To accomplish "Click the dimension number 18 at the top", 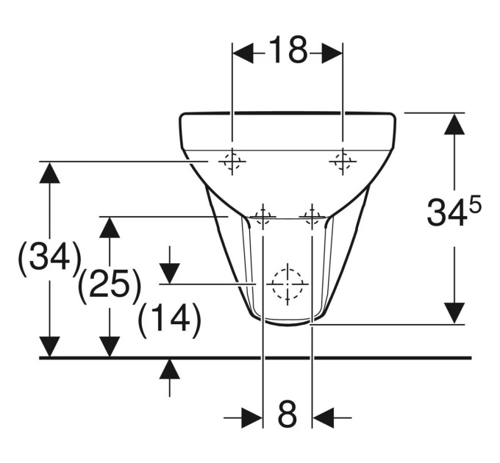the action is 287,49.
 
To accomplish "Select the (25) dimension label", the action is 110,285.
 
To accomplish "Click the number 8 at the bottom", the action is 287,414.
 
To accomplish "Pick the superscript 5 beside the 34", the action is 474,207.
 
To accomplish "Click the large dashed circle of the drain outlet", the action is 287,284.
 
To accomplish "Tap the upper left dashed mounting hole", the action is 232,161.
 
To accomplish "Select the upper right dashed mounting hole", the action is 343,161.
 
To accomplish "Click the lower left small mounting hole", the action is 263,217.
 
